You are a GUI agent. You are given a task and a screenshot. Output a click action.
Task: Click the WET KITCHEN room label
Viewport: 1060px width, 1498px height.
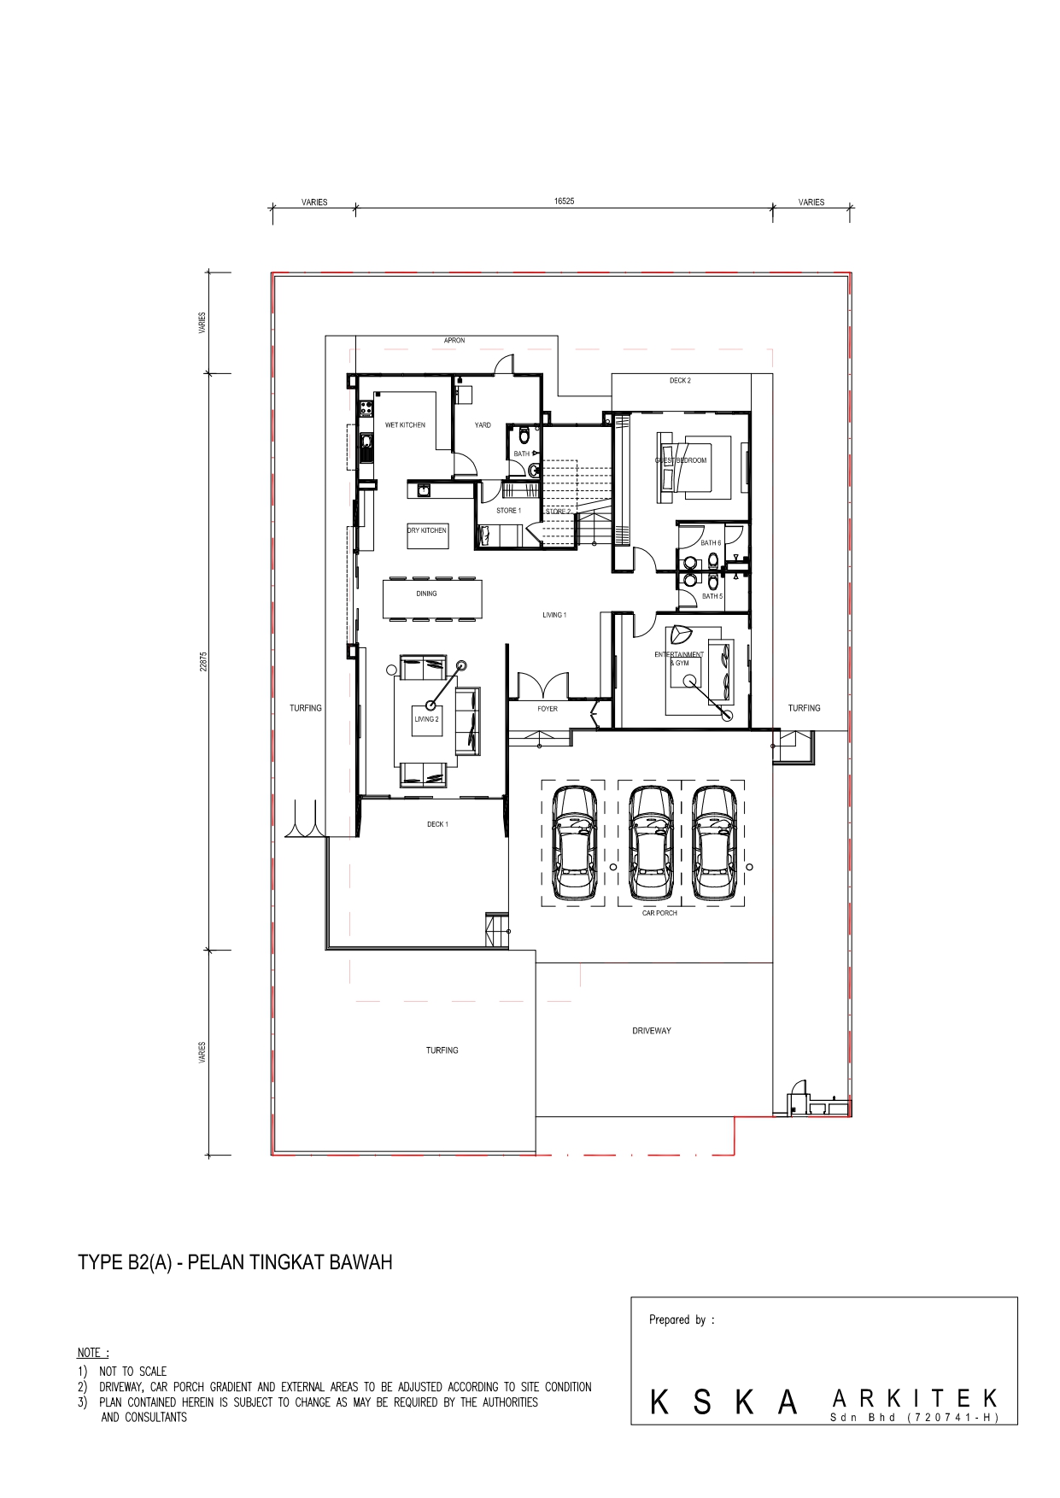pyautogui.click(x=405, y=424)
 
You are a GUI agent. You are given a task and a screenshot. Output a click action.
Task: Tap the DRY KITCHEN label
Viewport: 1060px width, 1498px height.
pyautogui.click(x=426, y=530)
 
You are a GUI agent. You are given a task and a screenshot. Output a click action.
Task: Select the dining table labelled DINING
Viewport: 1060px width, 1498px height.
pyautogui.click(x=431, y=599)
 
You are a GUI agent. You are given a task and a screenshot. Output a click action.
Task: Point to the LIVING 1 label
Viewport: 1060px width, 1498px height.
pyautogui.click(x=554, y=615)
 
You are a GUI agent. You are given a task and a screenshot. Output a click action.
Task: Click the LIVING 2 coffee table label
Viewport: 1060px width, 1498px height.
pyautogui.click(x=426, y=719)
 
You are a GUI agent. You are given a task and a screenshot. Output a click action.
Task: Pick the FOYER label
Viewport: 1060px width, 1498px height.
pyautogui.click(x=548, y=709)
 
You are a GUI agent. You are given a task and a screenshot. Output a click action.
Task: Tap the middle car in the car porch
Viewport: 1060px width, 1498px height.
pyautogui.click(x=651, y=843)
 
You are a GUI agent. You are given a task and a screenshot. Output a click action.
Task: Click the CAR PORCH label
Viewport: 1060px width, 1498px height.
pyautogui.click(x=659, y=913)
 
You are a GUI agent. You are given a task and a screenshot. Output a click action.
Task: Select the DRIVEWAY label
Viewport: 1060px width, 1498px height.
pyautogui.click(x=652, y=1031)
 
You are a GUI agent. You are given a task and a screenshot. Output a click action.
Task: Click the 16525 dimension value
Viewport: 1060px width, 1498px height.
pyautogui.click(x=564, y=202)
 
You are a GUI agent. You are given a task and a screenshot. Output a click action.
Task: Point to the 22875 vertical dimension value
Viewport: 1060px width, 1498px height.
pyautogui.click(x=203, y=662)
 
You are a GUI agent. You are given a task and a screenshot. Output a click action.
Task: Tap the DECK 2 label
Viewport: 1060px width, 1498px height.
pyautogui.click(x=680, y=381)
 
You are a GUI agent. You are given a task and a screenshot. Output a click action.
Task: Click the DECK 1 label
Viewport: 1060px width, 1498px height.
pyautogui.click(x=437, y=824)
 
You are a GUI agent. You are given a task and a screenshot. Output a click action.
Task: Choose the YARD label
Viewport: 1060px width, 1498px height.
pyautogui.click(x=483, y=424)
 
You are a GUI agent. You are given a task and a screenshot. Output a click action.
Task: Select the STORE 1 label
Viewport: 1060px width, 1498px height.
pyautogui.click(x=508, y=511)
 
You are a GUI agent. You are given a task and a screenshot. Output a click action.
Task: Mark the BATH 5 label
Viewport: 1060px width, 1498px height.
pyautogui.click(x=712, y=596)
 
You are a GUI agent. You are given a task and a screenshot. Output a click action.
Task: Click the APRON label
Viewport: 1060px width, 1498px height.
pyautogui.click(x=454, y=341)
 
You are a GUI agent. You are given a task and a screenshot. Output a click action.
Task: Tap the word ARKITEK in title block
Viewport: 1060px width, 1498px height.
pyautogui.click(x=914, y=1399)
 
